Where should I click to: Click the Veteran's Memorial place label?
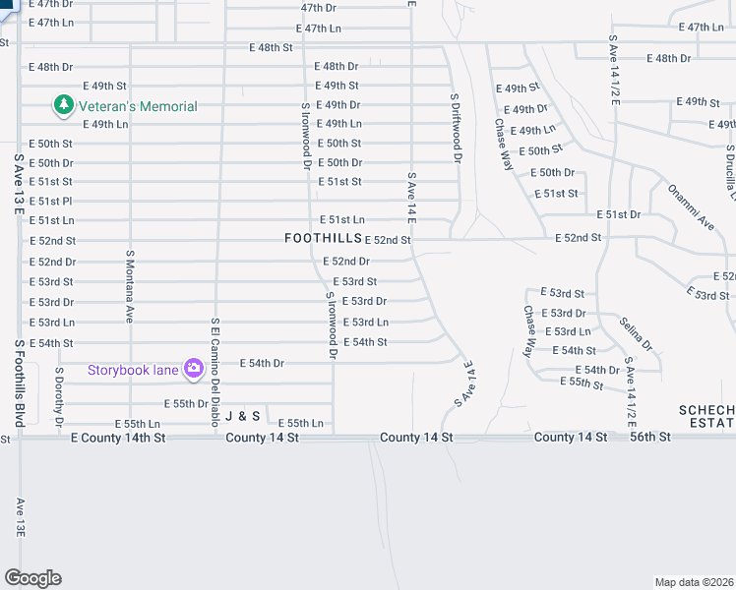[x=139, y=106]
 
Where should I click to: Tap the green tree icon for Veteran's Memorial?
[x=64, y=104]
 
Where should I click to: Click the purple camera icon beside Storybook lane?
[x=193, y=369]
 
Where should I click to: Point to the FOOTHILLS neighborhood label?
[x=322, y=239]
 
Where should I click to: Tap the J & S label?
[x=242, y=417]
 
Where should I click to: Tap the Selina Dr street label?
[x=636, y=333]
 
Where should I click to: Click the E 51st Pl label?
[x=50, y=201]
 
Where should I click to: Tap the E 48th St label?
[x=271, y=47]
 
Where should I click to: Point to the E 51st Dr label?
[x=618, y=214]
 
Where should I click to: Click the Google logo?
[x=32, y=578]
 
